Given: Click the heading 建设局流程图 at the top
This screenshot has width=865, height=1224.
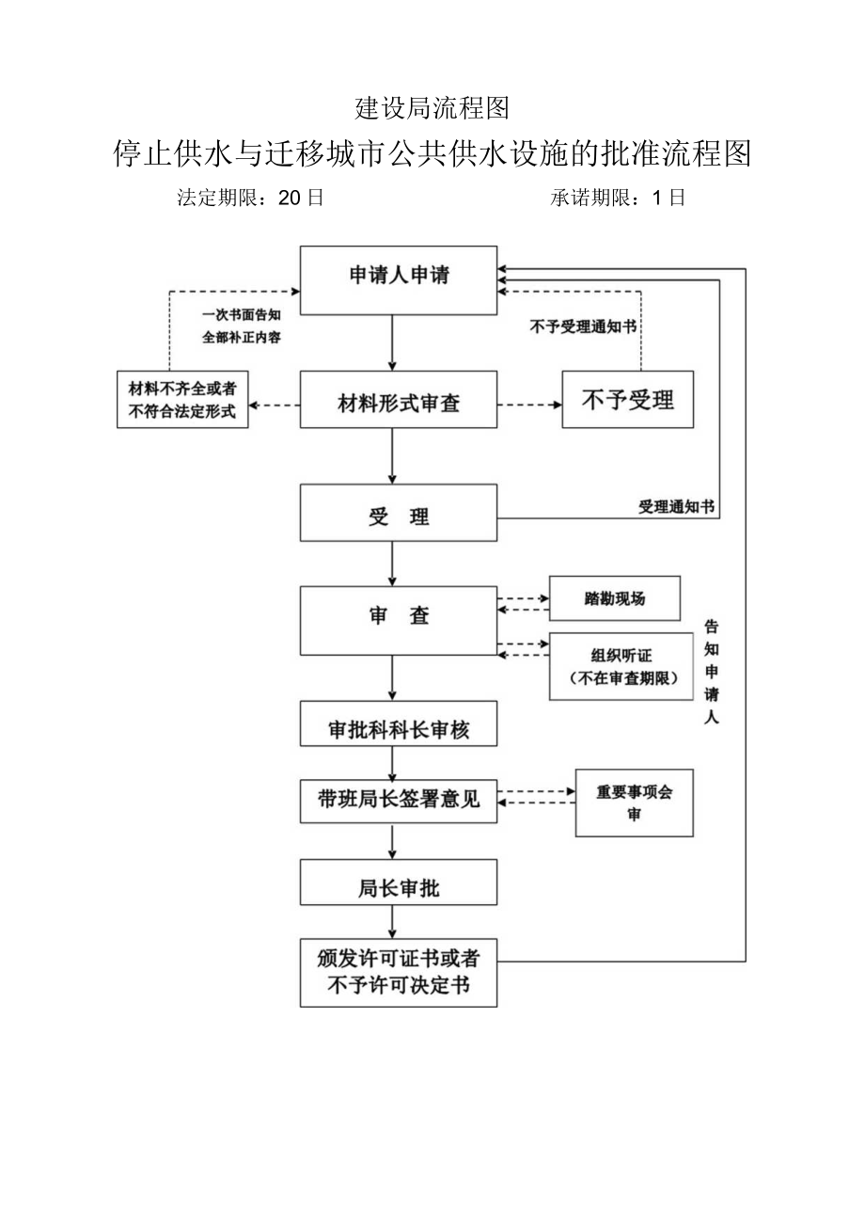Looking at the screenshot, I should (432, 109).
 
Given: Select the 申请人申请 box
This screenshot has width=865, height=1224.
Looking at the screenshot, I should (399, 279).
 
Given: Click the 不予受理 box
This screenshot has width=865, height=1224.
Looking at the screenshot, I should (627, 400).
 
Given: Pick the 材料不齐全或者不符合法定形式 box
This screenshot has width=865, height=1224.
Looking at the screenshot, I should (182, 400).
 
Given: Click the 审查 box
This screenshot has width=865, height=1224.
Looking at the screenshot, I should (399, 618).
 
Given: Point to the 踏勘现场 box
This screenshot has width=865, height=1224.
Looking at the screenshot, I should (614, 599).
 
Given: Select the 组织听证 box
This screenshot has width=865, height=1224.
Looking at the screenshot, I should (614, 666).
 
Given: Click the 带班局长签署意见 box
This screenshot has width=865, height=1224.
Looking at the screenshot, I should (399, 801).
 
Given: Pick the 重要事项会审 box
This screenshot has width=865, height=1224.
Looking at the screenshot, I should (634, 803).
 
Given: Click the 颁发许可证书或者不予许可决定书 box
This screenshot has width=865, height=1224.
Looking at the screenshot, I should (399, 972).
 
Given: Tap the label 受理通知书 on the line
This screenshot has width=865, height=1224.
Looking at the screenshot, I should (676, 507).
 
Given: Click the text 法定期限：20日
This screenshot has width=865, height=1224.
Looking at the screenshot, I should (250, 199).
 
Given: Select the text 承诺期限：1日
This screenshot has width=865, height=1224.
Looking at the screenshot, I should (618, 199).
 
